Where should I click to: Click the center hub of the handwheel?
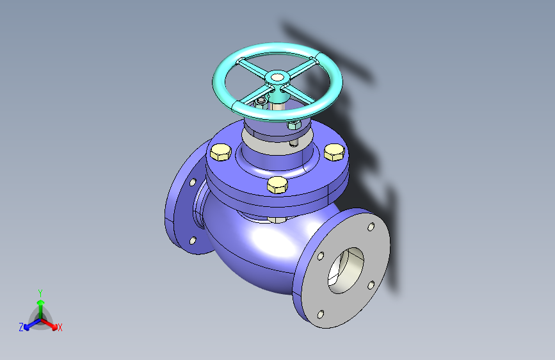click(x=277, y=78)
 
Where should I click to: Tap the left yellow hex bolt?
click(x=221, y=152)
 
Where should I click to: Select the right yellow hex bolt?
click(x=334, y=152)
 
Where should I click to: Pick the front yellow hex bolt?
click(x=277, y=185)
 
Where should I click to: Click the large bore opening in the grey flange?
click(x=346, y=270)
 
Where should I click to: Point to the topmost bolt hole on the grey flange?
click(x=371, y=227)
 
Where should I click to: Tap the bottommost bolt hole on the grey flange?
click(x=321, y=315)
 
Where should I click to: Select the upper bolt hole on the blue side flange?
click(x=193, y=182)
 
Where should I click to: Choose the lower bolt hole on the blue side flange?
click(x=193, y=241)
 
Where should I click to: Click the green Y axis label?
click(x=40, y=293)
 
